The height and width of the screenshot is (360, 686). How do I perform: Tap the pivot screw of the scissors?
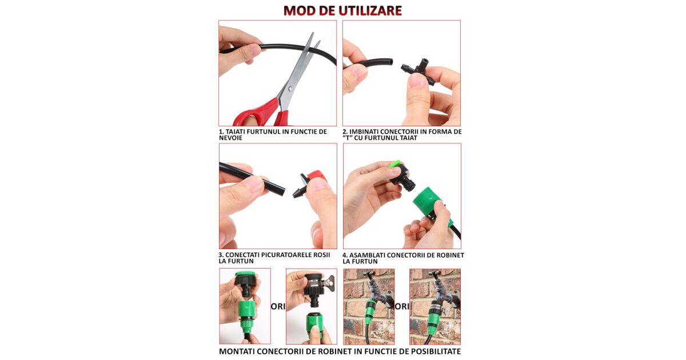(290, 89)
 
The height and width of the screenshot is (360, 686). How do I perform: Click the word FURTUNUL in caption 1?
(264, 131)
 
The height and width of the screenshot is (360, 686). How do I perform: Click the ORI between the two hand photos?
(278, 306)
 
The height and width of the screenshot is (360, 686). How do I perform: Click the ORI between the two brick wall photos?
(402, 306)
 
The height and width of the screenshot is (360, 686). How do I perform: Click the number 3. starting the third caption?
(221, 255)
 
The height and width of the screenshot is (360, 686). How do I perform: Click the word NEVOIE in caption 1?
(230, 138)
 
